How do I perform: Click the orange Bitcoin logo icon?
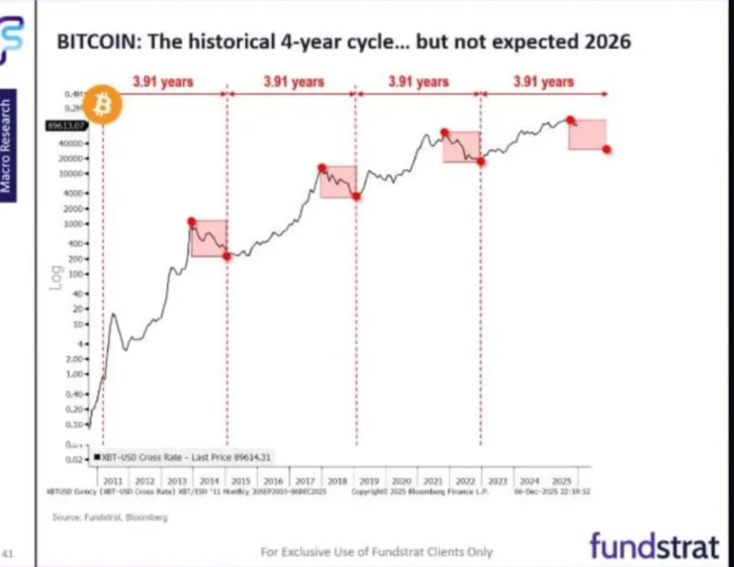pos(103,106)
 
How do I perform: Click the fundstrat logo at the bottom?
pos(654,546)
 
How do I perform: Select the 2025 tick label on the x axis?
pos(562,480)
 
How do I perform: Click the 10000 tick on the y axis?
pos(77,174)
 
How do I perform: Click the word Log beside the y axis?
pos(56,278)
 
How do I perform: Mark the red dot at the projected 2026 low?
pos(607,149)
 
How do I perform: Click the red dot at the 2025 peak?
pos(570,120)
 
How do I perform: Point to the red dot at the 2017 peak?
pos(322,168)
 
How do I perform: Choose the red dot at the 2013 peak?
pos(191,221)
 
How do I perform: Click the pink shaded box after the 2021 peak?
pos(462,147)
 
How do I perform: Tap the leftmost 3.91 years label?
pos(163,82)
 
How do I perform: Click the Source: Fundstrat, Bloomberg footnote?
pos(110,516)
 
